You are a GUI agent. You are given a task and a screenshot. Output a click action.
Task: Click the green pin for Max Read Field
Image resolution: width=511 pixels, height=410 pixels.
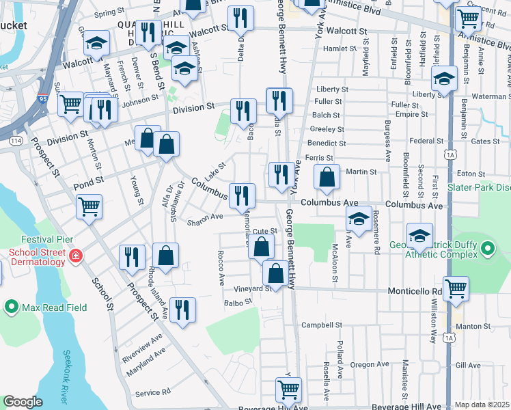12,307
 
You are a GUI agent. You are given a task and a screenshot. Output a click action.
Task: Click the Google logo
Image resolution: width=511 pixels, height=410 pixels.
23,402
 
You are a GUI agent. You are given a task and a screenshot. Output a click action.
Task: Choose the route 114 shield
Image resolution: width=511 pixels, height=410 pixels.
16,141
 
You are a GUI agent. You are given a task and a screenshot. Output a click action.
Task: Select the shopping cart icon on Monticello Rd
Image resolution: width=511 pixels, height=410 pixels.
456,288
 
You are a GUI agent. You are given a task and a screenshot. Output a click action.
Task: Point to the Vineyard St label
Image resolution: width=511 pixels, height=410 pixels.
253,289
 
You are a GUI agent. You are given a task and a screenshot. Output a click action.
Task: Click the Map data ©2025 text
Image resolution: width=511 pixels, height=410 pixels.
482,405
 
